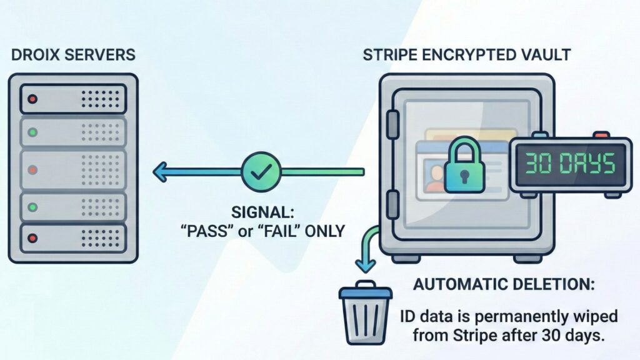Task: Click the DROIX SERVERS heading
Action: (73, 55)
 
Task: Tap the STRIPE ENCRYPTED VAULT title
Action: (466, 55)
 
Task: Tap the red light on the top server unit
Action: (33, 99)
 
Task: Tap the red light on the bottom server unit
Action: (33, 239)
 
